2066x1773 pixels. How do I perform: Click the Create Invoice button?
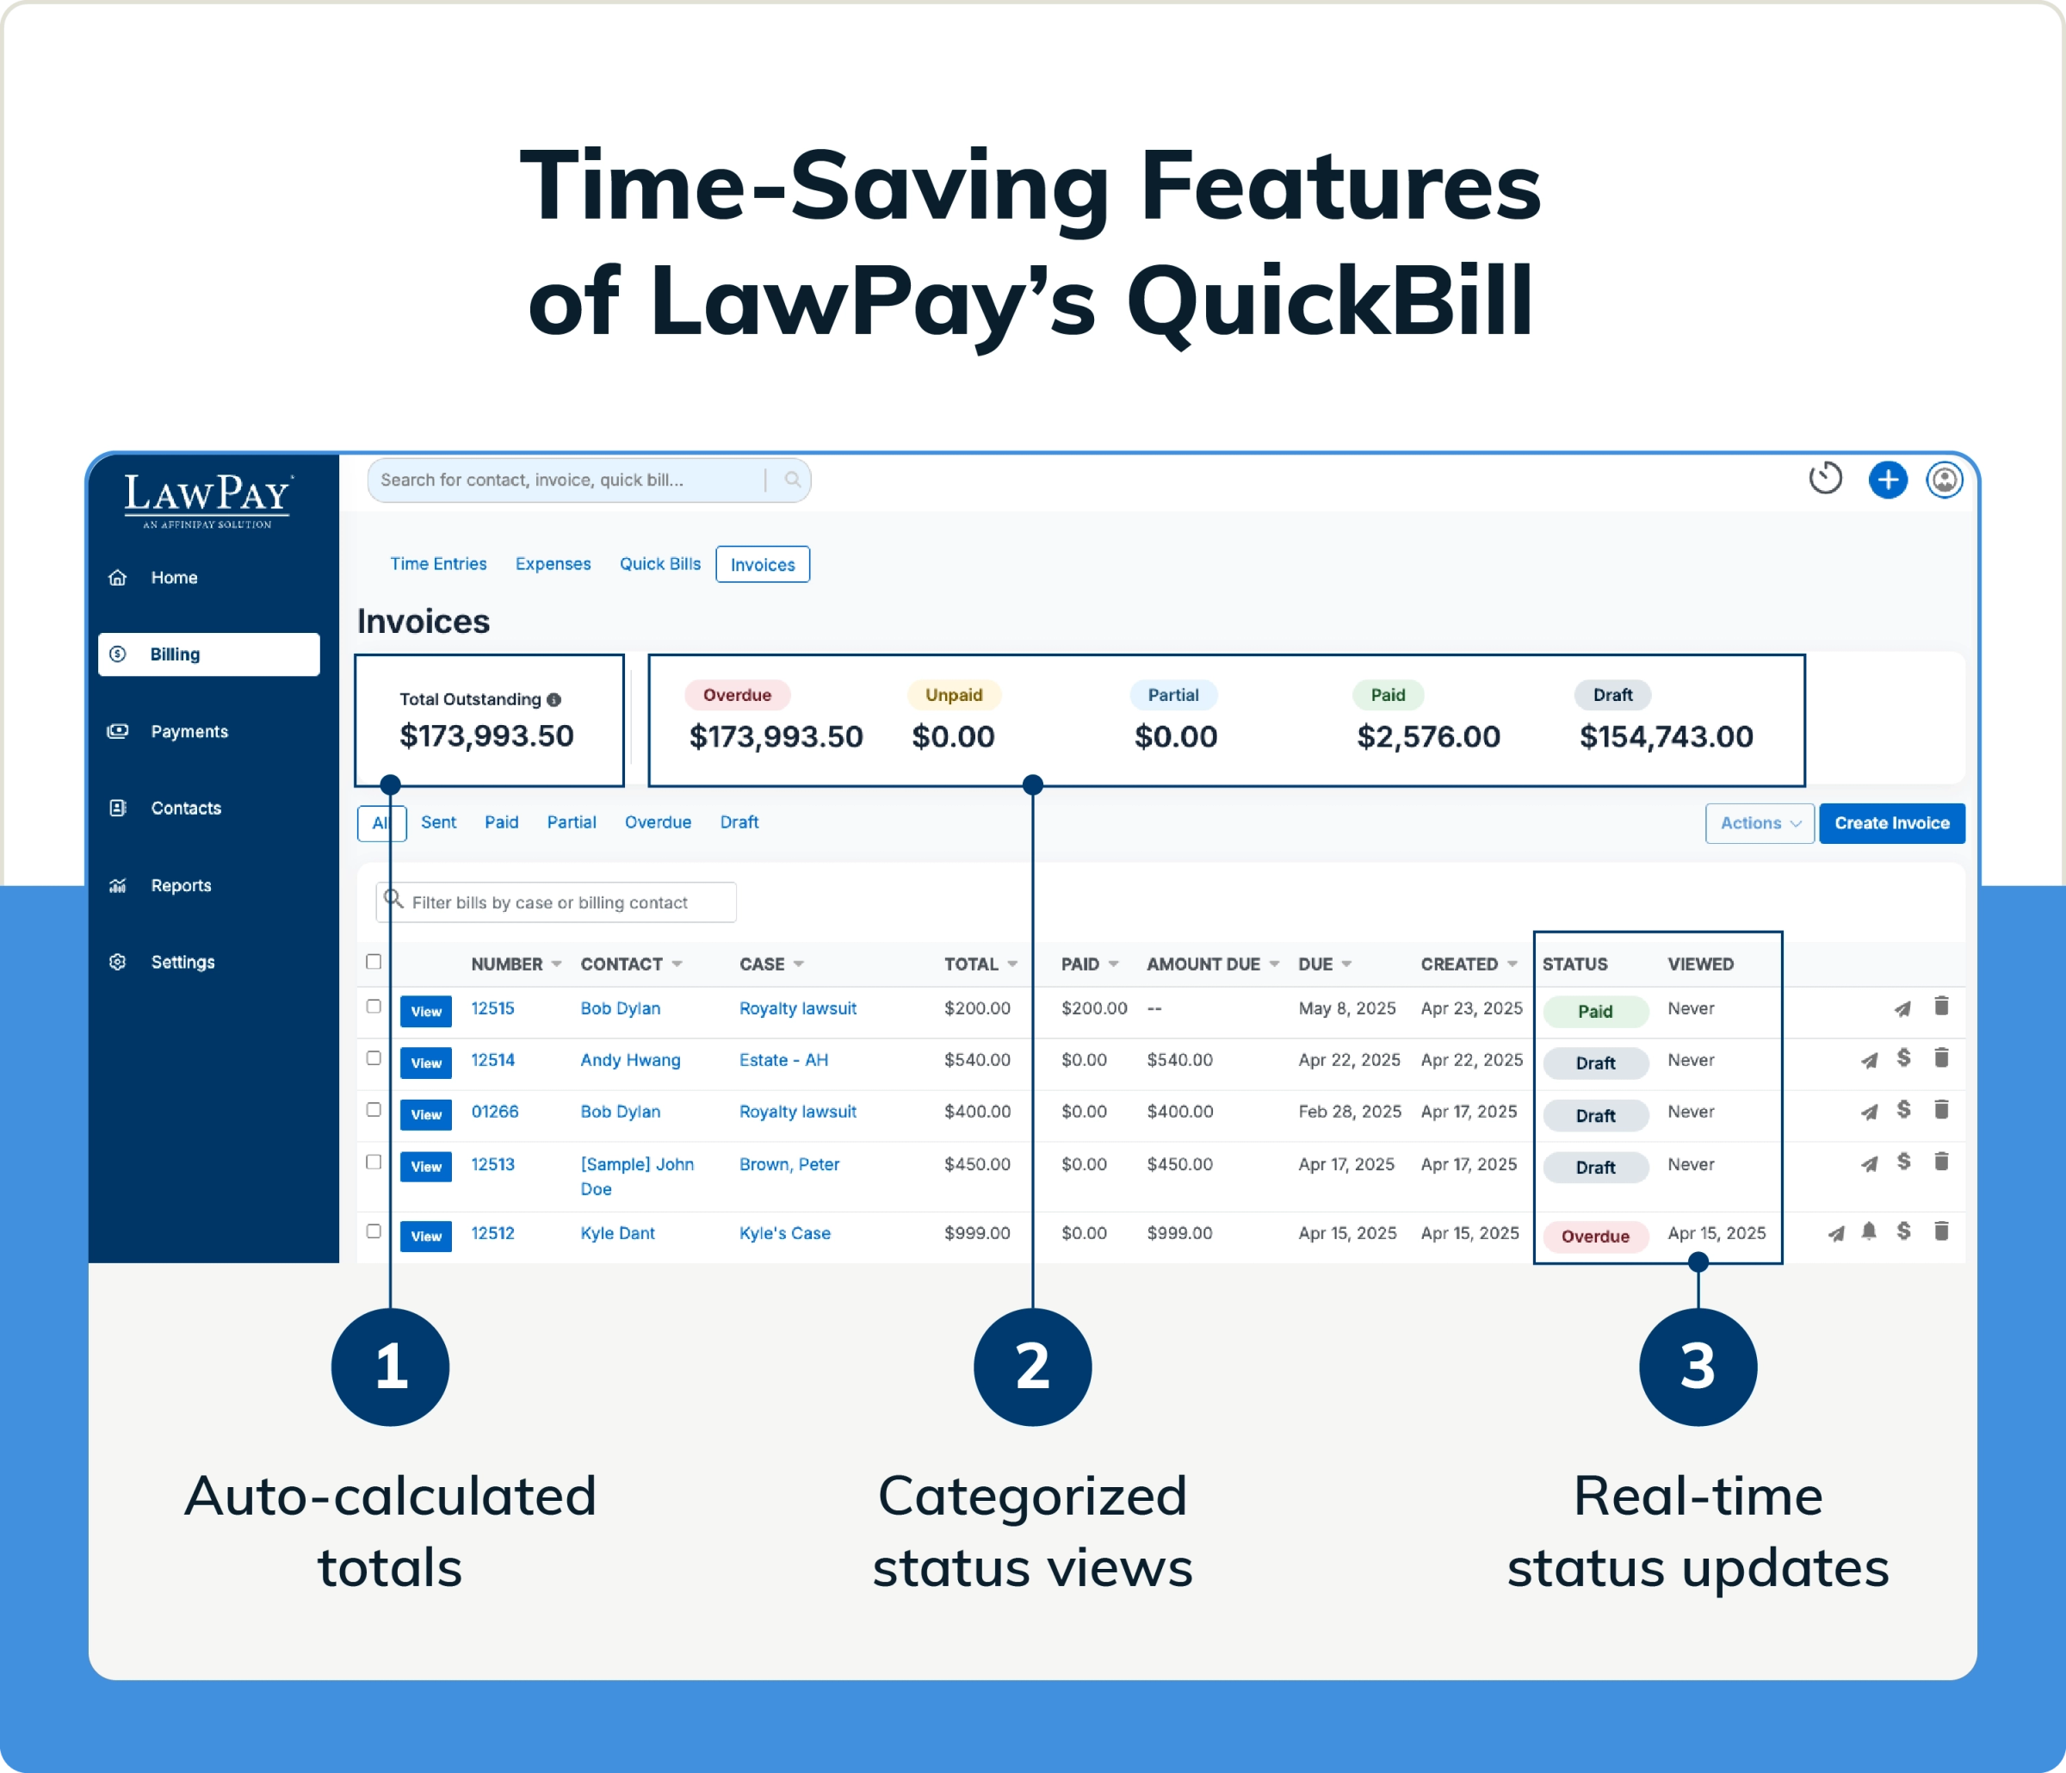1890,822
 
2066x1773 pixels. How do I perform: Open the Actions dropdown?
1759,822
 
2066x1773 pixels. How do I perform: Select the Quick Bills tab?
659,563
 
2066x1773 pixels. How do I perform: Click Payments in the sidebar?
189,731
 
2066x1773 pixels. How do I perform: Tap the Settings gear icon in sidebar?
118,961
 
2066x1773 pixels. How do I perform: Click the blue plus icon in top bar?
1887,480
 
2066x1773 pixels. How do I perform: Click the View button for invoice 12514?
426,1063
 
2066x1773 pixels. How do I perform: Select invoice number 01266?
495,1111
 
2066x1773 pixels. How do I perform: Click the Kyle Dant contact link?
617,1232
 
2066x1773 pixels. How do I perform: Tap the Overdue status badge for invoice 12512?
1594,1236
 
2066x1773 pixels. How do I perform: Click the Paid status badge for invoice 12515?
1594,1011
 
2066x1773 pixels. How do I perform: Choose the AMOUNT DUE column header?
1203,964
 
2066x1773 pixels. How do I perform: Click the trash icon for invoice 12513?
1940,1161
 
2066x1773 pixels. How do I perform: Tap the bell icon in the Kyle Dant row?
1869,1231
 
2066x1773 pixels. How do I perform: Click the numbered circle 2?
1032,1367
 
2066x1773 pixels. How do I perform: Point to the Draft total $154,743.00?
1665,736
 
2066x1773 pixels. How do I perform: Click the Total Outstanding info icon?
554,699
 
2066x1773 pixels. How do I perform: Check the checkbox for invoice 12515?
374,1006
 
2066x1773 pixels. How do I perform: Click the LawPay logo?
207,498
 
